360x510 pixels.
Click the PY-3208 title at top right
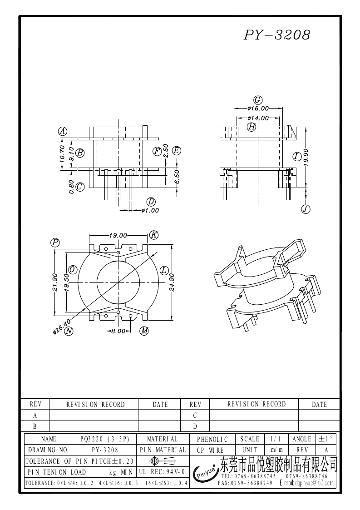pyautogui.click(x=277, y=35)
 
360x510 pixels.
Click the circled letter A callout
pyautogui.click(x=63, y=131)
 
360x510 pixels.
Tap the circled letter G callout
pyautogui.click(x=258, y=100)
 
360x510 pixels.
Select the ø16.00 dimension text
pyautogui.click(x=258, y=109)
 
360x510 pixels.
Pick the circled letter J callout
pyautogui.click(x=306, y=209)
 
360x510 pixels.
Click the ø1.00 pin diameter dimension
pyautogui.click(x=150, y=210)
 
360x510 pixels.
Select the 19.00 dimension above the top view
pyautogui.click(x=118, y=236)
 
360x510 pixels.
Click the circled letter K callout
pyautogui.click(x=153, y=235)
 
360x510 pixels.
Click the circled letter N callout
pyautogui.click(x=69, y=331)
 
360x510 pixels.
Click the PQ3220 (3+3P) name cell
pyautogui.click(x=105, y=439)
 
